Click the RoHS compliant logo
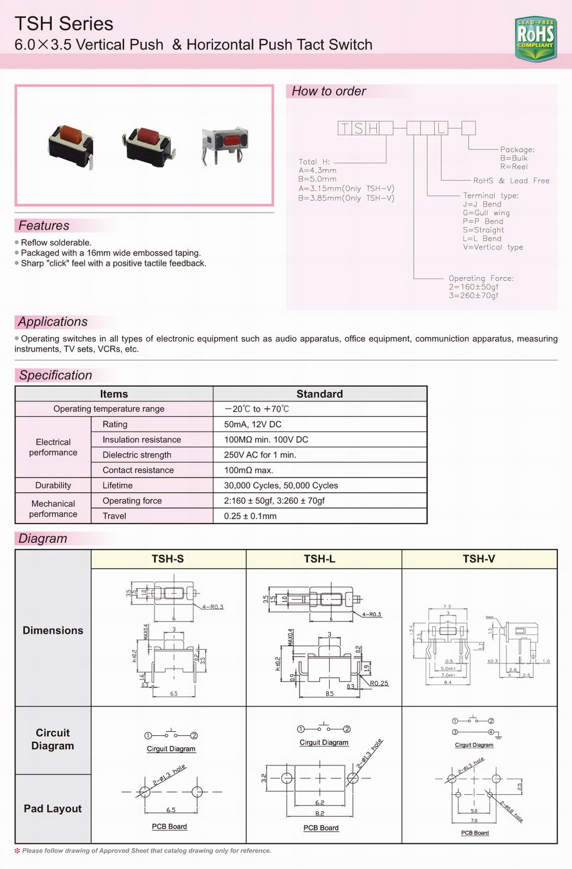[535, 38]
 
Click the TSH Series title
[64, 23]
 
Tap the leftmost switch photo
[71, 144]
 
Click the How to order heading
[329, 91]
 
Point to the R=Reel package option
[514, 167]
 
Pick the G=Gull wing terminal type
[486, 213]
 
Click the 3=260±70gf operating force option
[473, 295]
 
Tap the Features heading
[44, 225]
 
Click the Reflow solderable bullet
[56, 243]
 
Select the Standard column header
[319, 394]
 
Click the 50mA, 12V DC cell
[253, 424]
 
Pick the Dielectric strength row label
[137, 455]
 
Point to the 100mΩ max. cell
[248, 470]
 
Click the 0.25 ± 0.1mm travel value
[250, 516]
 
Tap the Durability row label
[53, 485]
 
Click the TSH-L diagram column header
[319, 559]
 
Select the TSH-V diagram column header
[479, 559]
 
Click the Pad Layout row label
[53, 808]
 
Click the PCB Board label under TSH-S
[169, 827]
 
